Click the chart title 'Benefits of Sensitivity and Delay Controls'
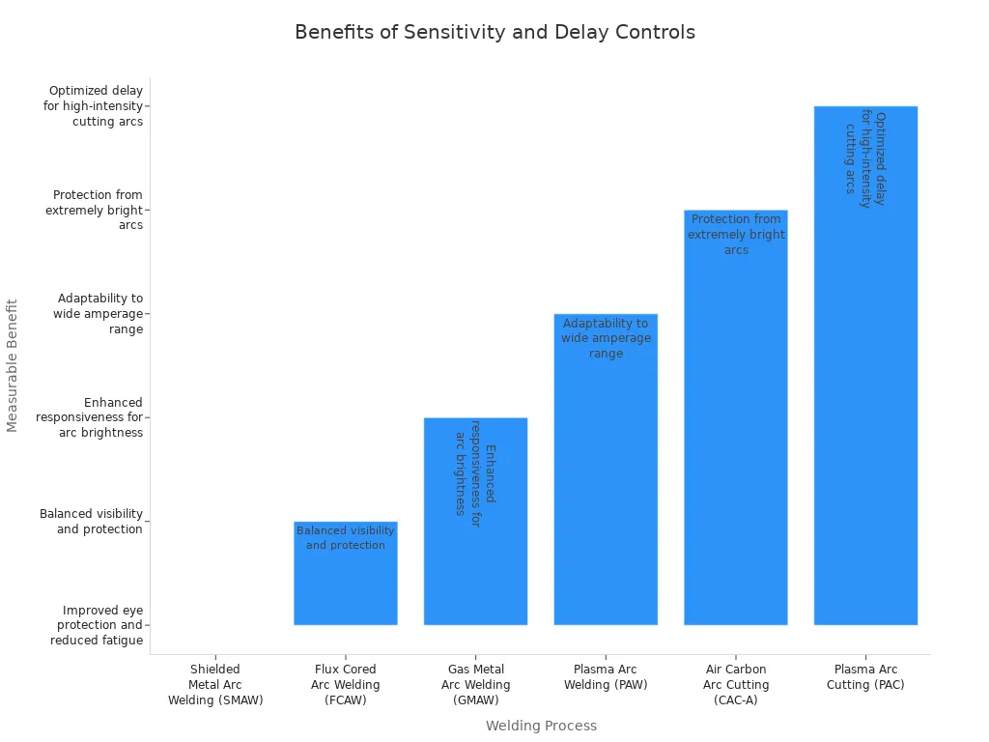pos(494,32)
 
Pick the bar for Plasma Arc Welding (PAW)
pos(606,483)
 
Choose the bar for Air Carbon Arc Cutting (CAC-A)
pos(736,435)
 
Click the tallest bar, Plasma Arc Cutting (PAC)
pos(865,386)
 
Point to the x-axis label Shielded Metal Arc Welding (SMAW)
pos(215,684)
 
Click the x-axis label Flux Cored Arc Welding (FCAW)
pos(346,684)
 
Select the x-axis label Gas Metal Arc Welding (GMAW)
pos(475,684)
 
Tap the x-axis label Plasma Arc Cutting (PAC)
pos(865,676)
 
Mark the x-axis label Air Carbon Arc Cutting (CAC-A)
pos(736,684)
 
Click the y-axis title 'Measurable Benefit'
pos(13,365)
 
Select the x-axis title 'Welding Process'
pos(541,726)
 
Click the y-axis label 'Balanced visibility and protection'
pos(92,522)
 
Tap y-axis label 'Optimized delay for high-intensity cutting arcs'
pos(94,106)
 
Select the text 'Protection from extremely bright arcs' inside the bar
pos(736,235)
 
